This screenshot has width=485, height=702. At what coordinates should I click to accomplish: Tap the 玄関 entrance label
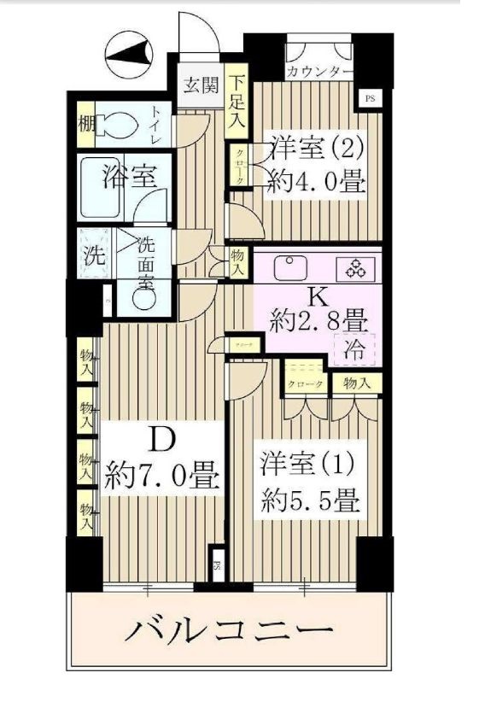tap(200, 85)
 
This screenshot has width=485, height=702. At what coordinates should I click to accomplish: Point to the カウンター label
tap(318, 72)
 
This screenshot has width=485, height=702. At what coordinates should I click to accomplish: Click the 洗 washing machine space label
tap(91, 254)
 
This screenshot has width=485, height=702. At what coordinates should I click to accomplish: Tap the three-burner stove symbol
tap(354, 268)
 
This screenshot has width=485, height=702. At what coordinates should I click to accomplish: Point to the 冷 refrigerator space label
tap(353, 348)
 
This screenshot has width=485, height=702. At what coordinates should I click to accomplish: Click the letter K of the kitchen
tap(317, 297)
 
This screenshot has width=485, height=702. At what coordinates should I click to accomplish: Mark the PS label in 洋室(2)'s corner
tap(369, 97)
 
